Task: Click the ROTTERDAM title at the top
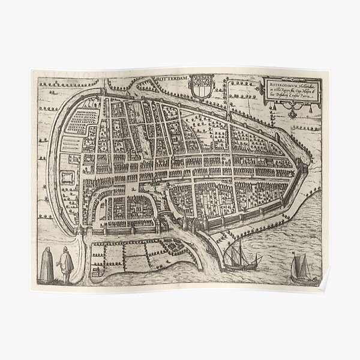173,78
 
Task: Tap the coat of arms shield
201,85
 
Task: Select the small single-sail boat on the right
298,268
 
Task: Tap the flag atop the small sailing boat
294,254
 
